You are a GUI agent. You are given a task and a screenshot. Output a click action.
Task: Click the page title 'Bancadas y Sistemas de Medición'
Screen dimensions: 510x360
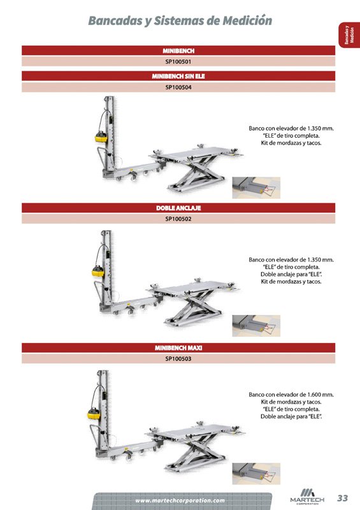tap(180, 21)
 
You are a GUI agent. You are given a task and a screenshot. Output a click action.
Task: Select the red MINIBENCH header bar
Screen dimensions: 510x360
tap(178, 50)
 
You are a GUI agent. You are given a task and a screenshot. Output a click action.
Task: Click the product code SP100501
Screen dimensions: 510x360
tap(178, 62)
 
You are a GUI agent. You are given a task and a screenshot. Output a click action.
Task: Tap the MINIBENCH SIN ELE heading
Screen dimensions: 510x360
tap(178, 75)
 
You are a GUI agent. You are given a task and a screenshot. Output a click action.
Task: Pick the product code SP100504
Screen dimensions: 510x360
tap(178, 87)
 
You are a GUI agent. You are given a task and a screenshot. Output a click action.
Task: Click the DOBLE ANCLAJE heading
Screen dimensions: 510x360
tap(178, 208)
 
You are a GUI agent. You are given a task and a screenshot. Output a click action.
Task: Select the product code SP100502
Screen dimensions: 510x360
tap(178, 220)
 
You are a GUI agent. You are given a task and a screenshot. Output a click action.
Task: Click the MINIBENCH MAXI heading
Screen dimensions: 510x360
tap(178, 348)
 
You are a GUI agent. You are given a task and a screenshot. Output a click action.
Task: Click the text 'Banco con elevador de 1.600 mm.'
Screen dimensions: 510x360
tap(291, 395)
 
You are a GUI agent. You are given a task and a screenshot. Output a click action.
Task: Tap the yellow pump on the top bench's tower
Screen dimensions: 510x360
tap(99, 136)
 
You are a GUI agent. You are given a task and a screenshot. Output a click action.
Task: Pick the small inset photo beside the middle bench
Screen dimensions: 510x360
tap(256, 326)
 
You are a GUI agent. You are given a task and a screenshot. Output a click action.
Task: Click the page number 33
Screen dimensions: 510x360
tap(343, 498)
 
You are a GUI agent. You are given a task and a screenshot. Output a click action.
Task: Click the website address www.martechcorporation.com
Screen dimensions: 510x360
tap(180, 500)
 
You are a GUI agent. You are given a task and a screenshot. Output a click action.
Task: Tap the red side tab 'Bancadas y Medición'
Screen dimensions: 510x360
tap(347, 36)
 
